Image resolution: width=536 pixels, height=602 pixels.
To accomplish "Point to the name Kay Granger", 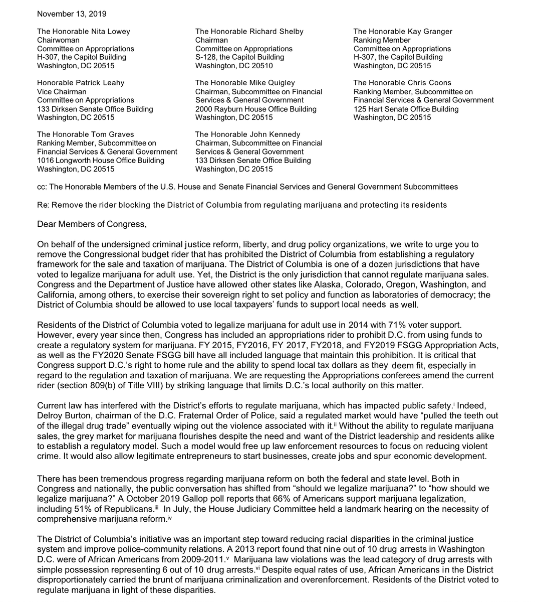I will (433, 31).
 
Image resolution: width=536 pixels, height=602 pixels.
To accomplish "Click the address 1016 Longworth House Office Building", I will (101, 161).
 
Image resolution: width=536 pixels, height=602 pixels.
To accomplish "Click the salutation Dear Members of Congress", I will (92, 224).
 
